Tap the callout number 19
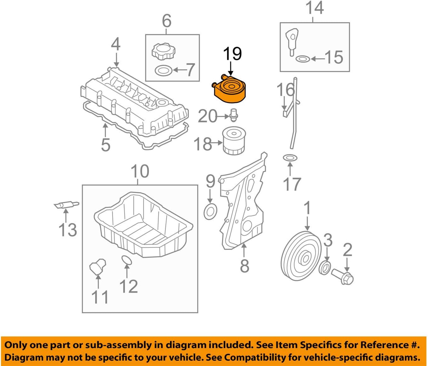point(232,54)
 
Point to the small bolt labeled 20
point(234,115)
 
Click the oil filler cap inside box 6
point(163,52)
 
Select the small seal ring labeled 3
point(325,268)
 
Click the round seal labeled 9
point(210,212)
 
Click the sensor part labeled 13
point(66,205)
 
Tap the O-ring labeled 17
point(290,158)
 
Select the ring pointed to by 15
point(303,59)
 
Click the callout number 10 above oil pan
point(140,171)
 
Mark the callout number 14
point(314,8)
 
